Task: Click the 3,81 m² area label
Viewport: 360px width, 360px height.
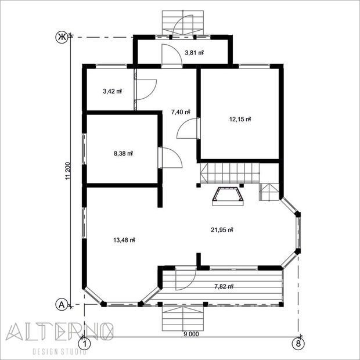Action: pyautogui.click(x=195, y=53)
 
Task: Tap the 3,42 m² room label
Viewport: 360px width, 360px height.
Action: pyautogui.click(x=112, y=91)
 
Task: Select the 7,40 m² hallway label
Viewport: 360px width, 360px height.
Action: pyautogui.click(x=181, y=112)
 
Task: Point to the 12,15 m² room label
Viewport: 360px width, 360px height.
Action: pyautogui.click(x=240, y=119)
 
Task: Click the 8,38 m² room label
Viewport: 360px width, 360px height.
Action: pyautogui.click(x=123, y=153)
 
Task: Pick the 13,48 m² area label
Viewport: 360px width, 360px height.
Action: pyautogui.click(x=124, y=240)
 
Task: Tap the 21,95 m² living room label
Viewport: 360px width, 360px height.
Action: pyautogui.click(x=222, y=230)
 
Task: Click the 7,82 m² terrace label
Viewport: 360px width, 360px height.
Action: pyautogui.click(x=224, y=286)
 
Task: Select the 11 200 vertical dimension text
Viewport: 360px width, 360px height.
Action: pyautogui.click(x=67, y=171)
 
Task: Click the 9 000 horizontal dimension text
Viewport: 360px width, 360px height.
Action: pyautogui.click(x=191, y=334)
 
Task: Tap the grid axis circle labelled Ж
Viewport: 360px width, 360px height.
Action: pyautogui.click(x=62, y=37)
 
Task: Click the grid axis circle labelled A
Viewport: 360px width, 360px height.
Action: pyautogui.click(x=62, y=305)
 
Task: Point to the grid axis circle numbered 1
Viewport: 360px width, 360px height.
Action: pyautogui.click(x=85, y=344)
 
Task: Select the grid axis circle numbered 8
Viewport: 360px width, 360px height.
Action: pyautogui.click(x=298, y=344)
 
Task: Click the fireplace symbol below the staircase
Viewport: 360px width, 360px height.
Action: pyautogui.click(x=228, y=196)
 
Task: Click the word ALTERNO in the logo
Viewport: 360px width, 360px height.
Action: pyautogui.click(x=59, y=332)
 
